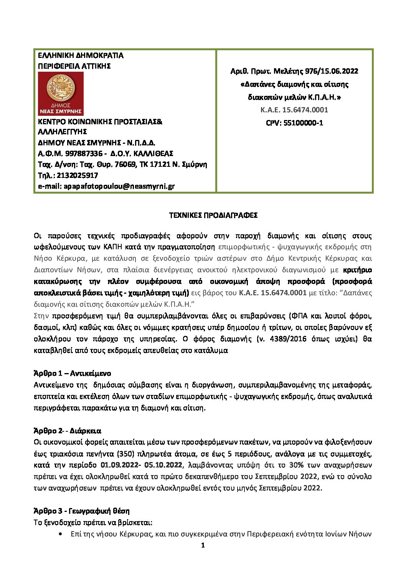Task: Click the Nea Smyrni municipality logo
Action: point(61,94)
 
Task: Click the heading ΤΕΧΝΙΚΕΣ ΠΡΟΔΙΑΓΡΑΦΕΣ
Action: point(213,215)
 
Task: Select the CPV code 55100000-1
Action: point(294,123)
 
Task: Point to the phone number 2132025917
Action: point(77,176)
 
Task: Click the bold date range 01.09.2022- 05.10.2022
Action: point(141,465)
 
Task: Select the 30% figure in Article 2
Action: point(307,465)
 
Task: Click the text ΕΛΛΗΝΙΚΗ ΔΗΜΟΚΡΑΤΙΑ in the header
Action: point(81,56)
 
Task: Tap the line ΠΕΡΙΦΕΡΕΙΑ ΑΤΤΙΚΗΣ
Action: point(74,66)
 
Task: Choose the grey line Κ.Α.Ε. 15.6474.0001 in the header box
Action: point(294,110)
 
